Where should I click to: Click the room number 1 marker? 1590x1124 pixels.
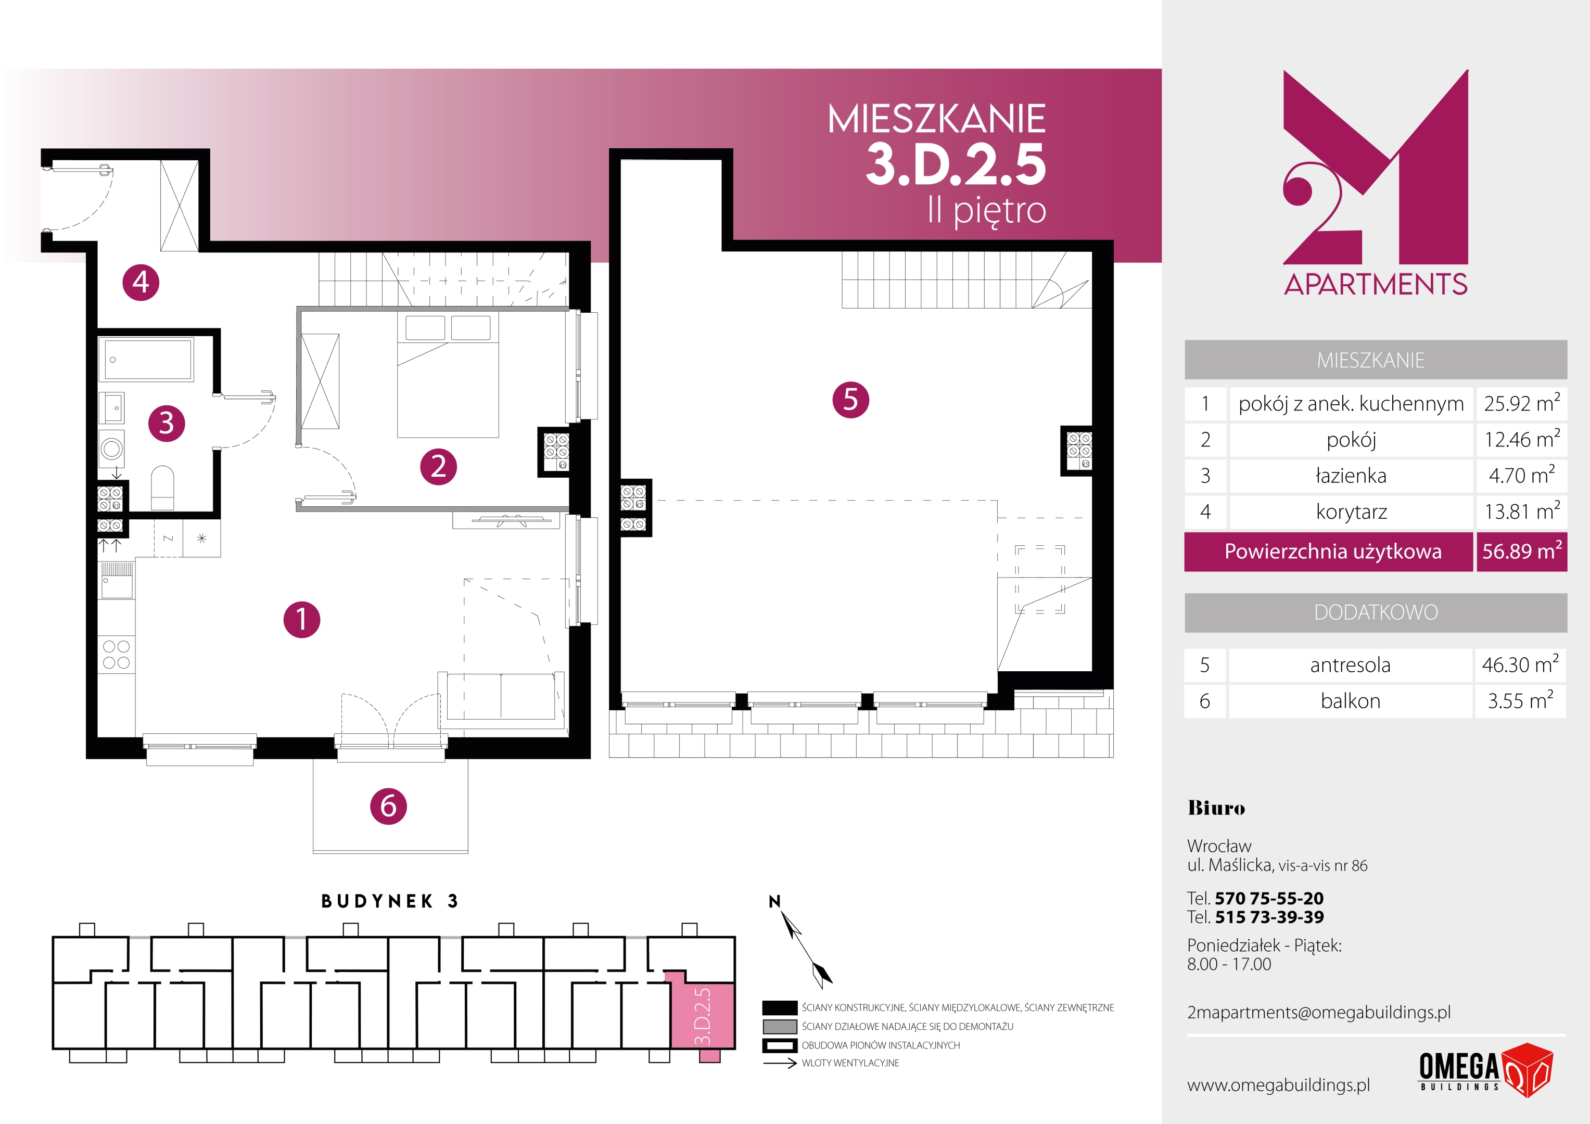302,619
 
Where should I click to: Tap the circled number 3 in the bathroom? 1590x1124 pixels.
166,423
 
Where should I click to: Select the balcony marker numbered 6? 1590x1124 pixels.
388,806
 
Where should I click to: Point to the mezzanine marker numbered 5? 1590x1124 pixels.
850,400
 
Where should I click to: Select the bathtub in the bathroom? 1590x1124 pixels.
146,360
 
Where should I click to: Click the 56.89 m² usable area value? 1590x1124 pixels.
1521,551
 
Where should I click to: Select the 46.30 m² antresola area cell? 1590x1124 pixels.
1520,664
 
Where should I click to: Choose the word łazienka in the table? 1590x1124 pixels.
1351,475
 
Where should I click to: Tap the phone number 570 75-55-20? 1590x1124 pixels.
1269,898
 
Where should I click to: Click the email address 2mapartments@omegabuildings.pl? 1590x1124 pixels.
1318,1013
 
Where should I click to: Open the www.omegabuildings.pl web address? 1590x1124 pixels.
1278,1085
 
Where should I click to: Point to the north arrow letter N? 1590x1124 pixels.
775,901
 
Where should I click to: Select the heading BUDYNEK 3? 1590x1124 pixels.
390,901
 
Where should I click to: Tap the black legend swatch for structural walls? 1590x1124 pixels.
780,1007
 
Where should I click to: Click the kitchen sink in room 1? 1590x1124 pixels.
117,580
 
